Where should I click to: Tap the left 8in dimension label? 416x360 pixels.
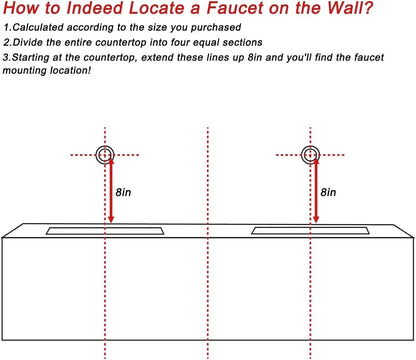click(x=123, y=192)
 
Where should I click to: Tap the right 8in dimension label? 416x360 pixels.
click(x=328, y=192)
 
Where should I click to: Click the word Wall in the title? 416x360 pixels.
click(x=350, y=8)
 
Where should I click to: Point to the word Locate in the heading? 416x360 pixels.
click(x=156, y=8)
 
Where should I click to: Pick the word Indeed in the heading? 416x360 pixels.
click(x=94, y=8)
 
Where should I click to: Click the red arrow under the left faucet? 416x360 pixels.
click(x=111, y=191)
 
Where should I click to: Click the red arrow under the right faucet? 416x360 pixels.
click(x=316, y=191)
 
